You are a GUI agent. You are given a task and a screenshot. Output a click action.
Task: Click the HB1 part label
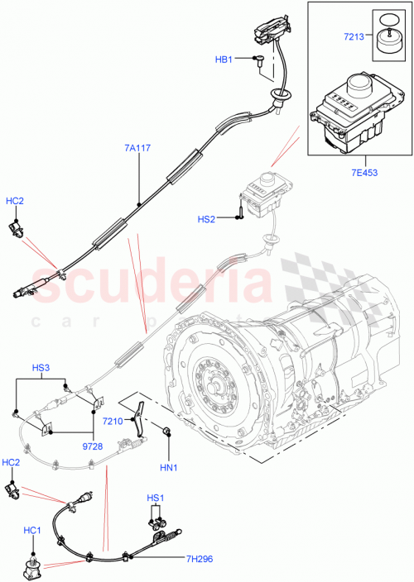point(223,60)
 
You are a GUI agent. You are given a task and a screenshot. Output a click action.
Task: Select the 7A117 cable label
point(137,149)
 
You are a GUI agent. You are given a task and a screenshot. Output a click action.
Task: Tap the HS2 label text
point(206,219)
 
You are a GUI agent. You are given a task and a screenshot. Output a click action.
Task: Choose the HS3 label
point(41,367)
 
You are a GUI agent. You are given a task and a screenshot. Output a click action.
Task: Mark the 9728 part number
point(90,446)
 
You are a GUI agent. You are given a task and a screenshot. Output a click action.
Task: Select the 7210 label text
point(113,421)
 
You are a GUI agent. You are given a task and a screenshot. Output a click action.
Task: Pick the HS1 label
point(155,499)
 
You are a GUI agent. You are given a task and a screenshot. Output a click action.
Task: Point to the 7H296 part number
point(199,560)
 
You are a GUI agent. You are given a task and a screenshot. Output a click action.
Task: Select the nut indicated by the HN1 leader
point(166,430)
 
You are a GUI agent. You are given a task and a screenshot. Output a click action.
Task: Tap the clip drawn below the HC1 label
point(34,568)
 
